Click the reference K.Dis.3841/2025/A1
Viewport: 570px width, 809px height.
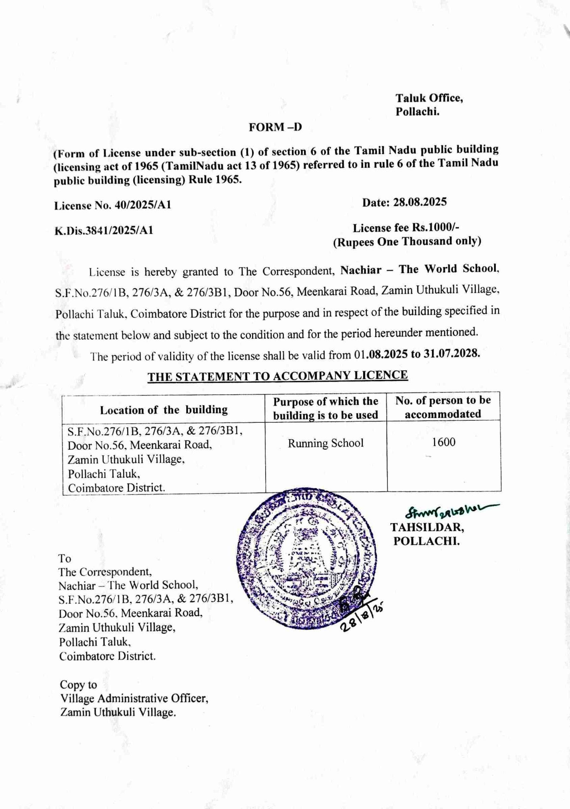pos(104,230)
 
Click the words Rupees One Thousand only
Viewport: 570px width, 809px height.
pos(407,242)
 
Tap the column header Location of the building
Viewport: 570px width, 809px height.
pos(164,410)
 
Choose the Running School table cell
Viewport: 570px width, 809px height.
pos(325,443)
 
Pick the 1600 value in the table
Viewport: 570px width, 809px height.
pos(444,442)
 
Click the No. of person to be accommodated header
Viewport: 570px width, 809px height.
pos(443,407)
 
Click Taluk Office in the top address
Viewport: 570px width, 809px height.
pos(429,98)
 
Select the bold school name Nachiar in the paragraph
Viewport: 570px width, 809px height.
pos(361,270)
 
